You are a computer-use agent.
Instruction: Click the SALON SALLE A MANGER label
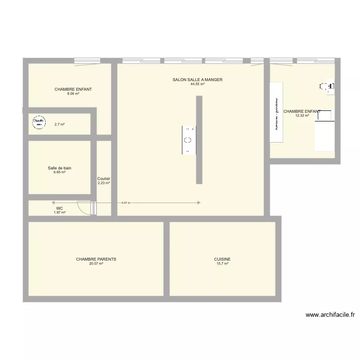pyautogui.click(x=197, y=80)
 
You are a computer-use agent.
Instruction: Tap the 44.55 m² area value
pyautogui.click(x=197, y=84)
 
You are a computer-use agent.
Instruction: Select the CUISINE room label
pyautogui.click(x=222, y=259)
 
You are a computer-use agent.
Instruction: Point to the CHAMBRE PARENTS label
pyautogui.click(x=96, y=259)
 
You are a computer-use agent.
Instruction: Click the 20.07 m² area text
pyautogui.click(x=96, y=264)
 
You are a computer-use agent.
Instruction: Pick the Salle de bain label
pyautogui.click(x=60, y=168)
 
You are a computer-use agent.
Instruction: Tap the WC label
pyautogui.click(x=60, y=208)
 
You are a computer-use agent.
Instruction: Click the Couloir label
pyautogui.click(x=104, y=179)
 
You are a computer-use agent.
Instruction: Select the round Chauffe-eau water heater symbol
pyautogui.click(x=38, y=123)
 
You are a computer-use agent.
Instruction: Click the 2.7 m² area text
pyautogui.click(x=60, y=124)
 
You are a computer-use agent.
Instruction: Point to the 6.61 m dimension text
pyautogui.click(x=126, y=203)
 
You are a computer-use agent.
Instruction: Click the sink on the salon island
pyautogui.click(x=189, y=140)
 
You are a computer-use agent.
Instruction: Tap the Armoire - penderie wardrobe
pyautogui.click(x=276, y=112)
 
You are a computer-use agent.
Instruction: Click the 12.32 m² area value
pyautogui.click(x=302, y=116)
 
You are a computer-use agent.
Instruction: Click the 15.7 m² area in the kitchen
pyautogui.click(x=222, y=264)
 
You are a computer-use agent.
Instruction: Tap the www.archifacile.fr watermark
pyautogui.click(x=330, y=315)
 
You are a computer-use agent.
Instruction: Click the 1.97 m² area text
pyautogui.click(x=60, y=212)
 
